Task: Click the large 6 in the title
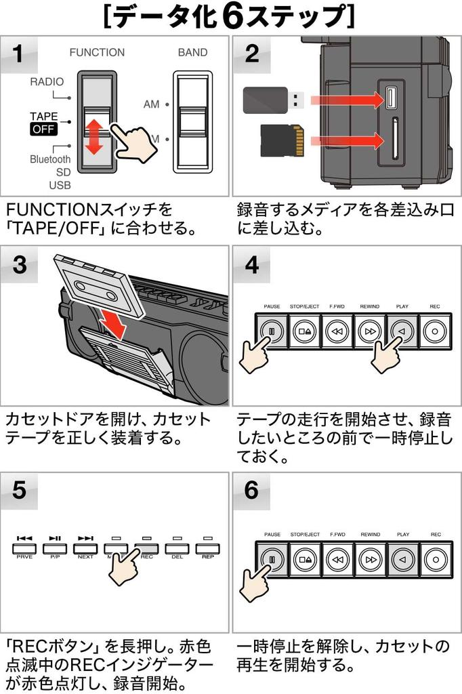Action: [232, 17]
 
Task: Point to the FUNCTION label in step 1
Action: [97, 52]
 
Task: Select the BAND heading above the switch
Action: [192, 52]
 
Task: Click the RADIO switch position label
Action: [46, 82]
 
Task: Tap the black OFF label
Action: [43, 129]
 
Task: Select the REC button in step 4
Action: [434, 331]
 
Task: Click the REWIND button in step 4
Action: [370, 331]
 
